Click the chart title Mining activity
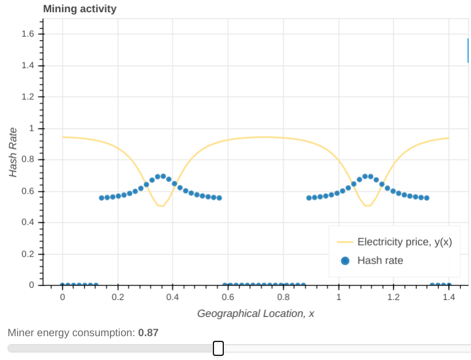[x=80, y=9]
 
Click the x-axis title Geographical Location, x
[x=256, y=313]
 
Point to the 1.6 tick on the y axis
[x=28, y=34]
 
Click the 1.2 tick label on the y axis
[x=28, y=97]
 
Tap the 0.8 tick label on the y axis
[x=28, y=159]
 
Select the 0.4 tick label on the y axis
[x=28, y=222]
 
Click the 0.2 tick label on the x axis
[x=117, y=297]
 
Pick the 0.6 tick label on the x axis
[x=228, y=297]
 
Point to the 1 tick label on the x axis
[x=338, y=297]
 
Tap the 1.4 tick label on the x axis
[x=448, y=297]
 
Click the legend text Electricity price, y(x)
[x=404, y=242]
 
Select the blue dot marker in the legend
[x=345, y=261]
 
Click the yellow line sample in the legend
[x=345, y=242]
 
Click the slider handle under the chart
[x=218, y=348]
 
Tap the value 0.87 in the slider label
[x=148, y=333]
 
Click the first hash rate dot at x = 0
[x=63, y=286]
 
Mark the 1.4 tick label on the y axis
[x=28, y=65]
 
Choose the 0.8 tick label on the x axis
[x=283, y=297]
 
